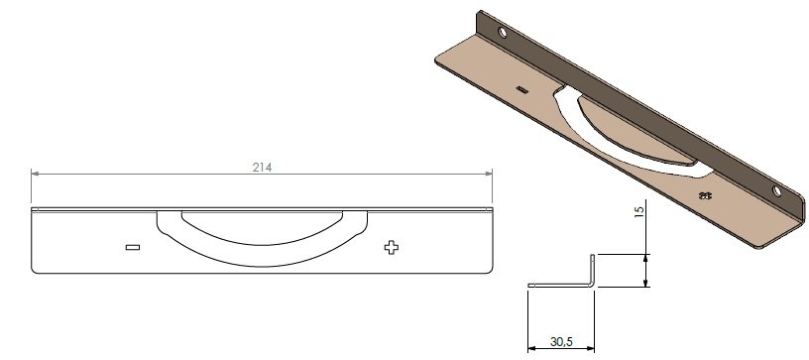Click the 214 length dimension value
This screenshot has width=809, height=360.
pos(262,168)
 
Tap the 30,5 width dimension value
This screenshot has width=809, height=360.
pos(560,341)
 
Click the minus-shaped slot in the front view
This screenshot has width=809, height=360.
pos(133,247)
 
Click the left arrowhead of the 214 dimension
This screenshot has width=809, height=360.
pos(37,175)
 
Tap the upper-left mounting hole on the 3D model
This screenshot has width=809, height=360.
pos(505,34)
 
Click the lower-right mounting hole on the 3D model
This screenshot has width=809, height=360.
pos(777,190)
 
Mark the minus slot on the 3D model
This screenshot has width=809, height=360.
pos(521,89)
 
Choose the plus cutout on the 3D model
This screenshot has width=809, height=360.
pos(705,195)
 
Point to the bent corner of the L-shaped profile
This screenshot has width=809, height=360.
pos(593,287)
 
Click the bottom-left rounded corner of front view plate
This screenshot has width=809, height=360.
pos(36,268)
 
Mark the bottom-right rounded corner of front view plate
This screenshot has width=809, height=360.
pos(490,268)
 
